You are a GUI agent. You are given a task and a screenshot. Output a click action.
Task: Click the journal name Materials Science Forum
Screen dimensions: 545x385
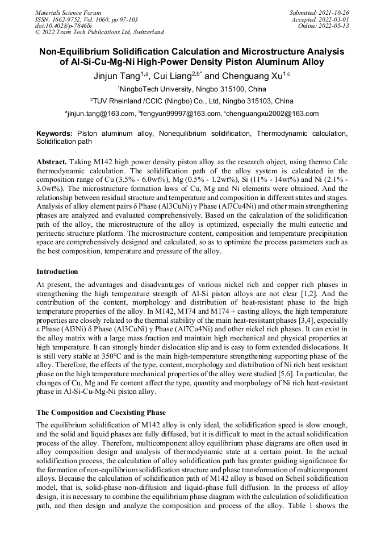[x=68, y=13]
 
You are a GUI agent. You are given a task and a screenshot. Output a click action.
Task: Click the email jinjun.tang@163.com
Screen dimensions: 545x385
[x=101, y=114]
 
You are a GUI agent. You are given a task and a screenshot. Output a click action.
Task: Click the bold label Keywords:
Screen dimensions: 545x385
[x=55, y=133]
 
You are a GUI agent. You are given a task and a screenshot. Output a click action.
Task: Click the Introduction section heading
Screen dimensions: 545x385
[x=57, y=271]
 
